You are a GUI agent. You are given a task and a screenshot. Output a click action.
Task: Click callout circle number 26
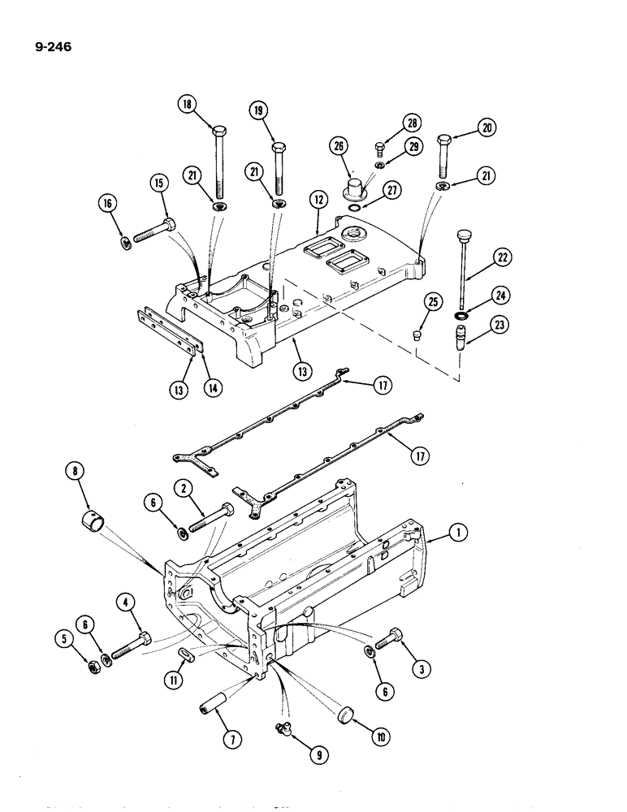click(x=338, y=147)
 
